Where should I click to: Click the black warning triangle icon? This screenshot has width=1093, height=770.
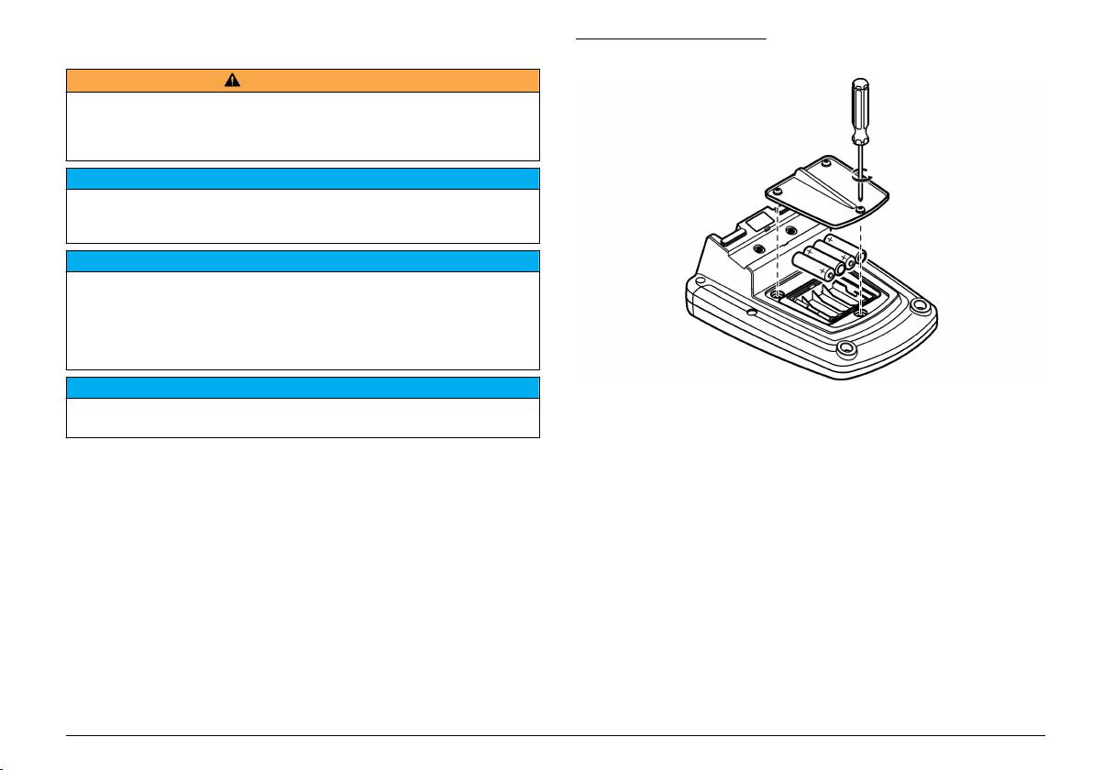[x=232, y=80]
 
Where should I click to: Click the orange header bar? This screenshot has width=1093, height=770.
[x=385, y=80]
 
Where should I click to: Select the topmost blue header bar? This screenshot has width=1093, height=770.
[x=302, y=178]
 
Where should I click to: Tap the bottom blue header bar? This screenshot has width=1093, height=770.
[x=302, y=387]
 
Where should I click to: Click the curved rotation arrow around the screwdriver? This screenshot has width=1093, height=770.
[x=867, y=172]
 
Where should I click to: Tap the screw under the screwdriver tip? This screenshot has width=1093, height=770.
[x=860, y=209]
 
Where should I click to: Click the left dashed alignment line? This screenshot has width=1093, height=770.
[x=778, y=247]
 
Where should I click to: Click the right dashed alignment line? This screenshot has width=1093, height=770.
[x=860, y=266]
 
